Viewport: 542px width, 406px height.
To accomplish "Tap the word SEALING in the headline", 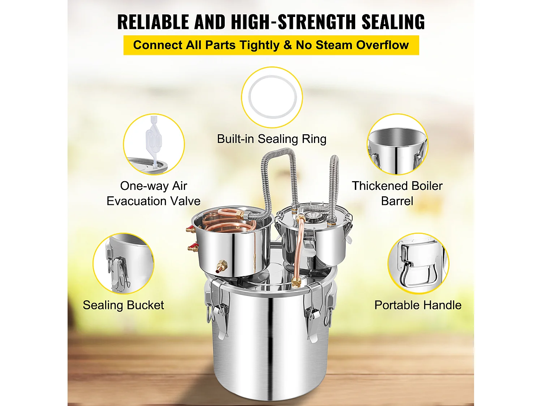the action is point(393,22).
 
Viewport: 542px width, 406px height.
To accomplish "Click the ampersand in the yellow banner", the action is point(288,45).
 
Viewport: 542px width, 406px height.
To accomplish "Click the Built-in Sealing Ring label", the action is point(272,139).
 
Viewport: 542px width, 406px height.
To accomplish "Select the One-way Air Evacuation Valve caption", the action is point(153,193).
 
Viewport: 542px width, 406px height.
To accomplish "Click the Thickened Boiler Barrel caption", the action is point(397,193).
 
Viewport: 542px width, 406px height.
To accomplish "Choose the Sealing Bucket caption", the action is point(123,305).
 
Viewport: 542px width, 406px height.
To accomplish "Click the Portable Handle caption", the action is point(418,305).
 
